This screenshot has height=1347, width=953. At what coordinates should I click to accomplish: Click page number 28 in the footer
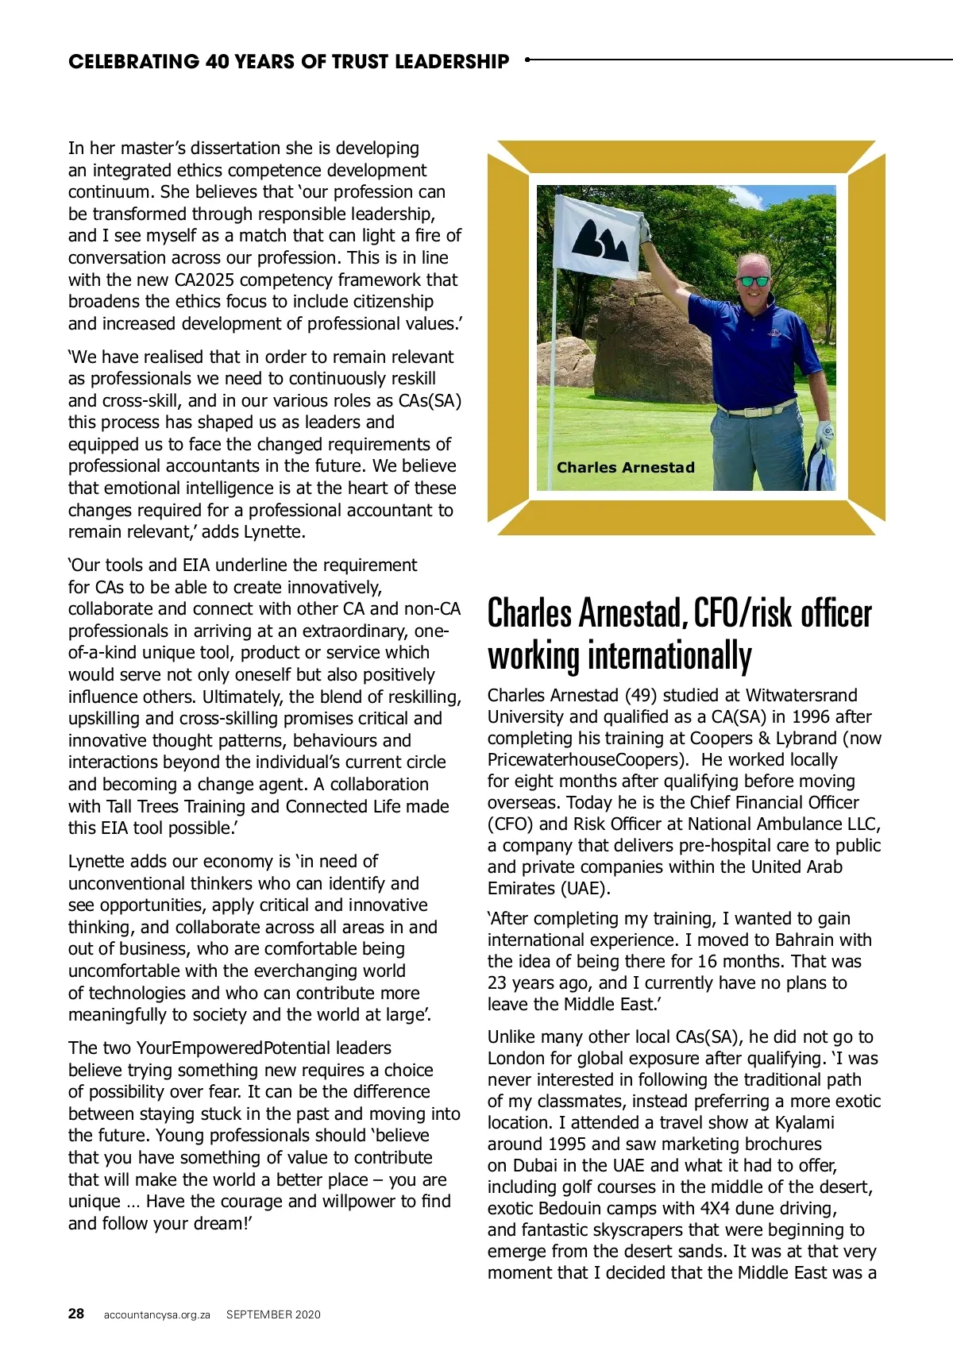76,1314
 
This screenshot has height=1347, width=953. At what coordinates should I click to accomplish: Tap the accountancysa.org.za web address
157,1314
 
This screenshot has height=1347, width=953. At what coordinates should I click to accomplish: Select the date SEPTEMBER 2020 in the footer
273,1314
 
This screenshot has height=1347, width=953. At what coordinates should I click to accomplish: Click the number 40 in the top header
218,61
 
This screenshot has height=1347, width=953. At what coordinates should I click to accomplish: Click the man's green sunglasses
754,280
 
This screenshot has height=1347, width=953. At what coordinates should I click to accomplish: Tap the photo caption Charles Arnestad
626,467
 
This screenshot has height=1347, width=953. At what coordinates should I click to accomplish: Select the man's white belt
761,410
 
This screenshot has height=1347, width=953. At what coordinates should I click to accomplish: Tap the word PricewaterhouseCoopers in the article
587,759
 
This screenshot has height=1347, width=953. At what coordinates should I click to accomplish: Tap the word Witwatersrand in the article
801,695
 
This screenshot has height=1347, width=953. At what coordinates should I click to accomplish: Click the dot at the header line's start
527,59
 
